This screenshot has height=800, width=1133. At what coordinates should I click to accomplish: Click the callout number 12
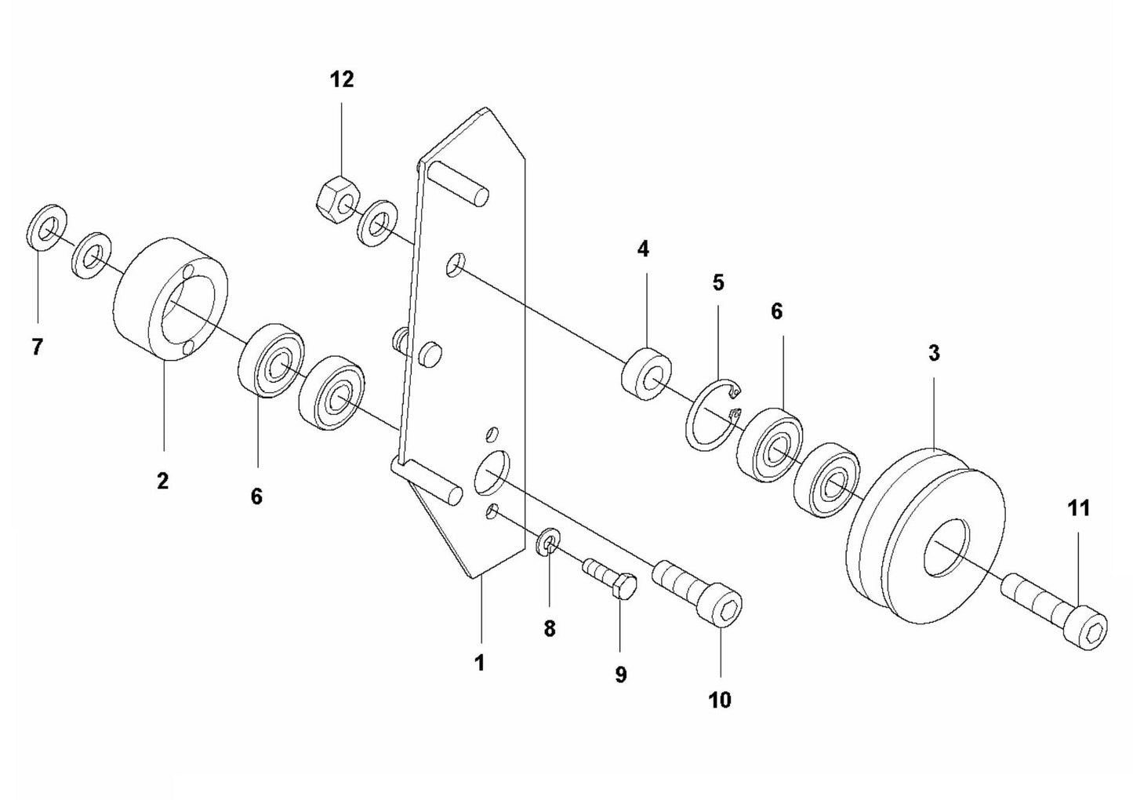pyautogui.click(x=342, y=79)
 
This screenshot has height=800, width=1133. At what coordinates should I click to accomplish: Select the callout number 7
pyautogui.click(x=37, y=347)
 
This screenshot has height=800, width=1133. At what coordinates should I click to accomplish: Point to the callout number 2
pyautogui.click(x=162, y=480)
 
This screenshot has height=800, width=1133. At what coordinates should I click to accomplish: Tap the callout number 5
pyautogui.click(x=718, y=282)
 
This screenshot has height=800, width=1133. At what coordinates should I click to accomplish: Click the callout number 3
pyautogui.click(x=933, y=353)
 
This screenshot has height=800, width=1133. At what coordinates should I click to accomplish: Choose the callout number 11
pyautogui.click(x=1079, y=508)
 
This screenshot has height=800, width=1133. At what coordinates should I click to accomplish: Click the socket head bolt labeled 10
pyautogui.click(x=698, y=591)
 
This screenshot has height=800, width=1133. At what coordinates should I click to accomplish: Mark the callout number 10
pyautogui.click(x=719, y=699)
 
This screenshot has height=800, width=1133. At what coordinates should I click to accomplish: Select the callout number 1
pyautogui.click(x=479, y=663)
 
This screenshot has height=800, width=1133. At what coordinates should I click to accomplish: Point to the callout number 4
pyautogui.click(x=643, y=249)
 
